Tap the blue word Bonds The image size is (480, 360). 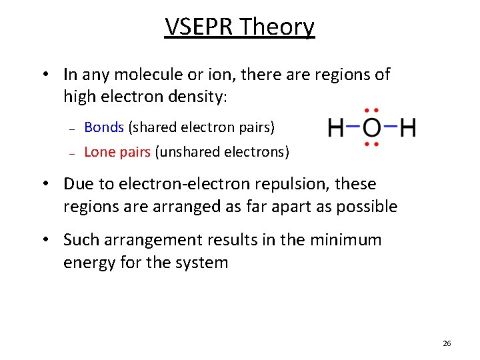click(x=104, y=127)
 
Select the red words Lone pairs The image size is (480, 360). click(x=117, y=152)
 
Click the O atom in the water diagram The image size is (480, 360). click(x=372, y=127)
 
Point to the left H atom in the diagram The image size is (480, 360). click(x=337, y=127)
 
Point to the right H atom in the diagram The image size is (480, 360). click(x=407, y=127)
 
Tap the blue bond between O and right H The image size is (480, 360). click(x=390, y=127)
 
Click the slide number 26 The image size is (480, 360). click(x=447, y=343)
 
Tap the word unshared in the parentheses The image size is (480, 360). click(x=186, y=152)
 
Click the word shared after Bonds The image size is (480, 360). click(x=153, y=127)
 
